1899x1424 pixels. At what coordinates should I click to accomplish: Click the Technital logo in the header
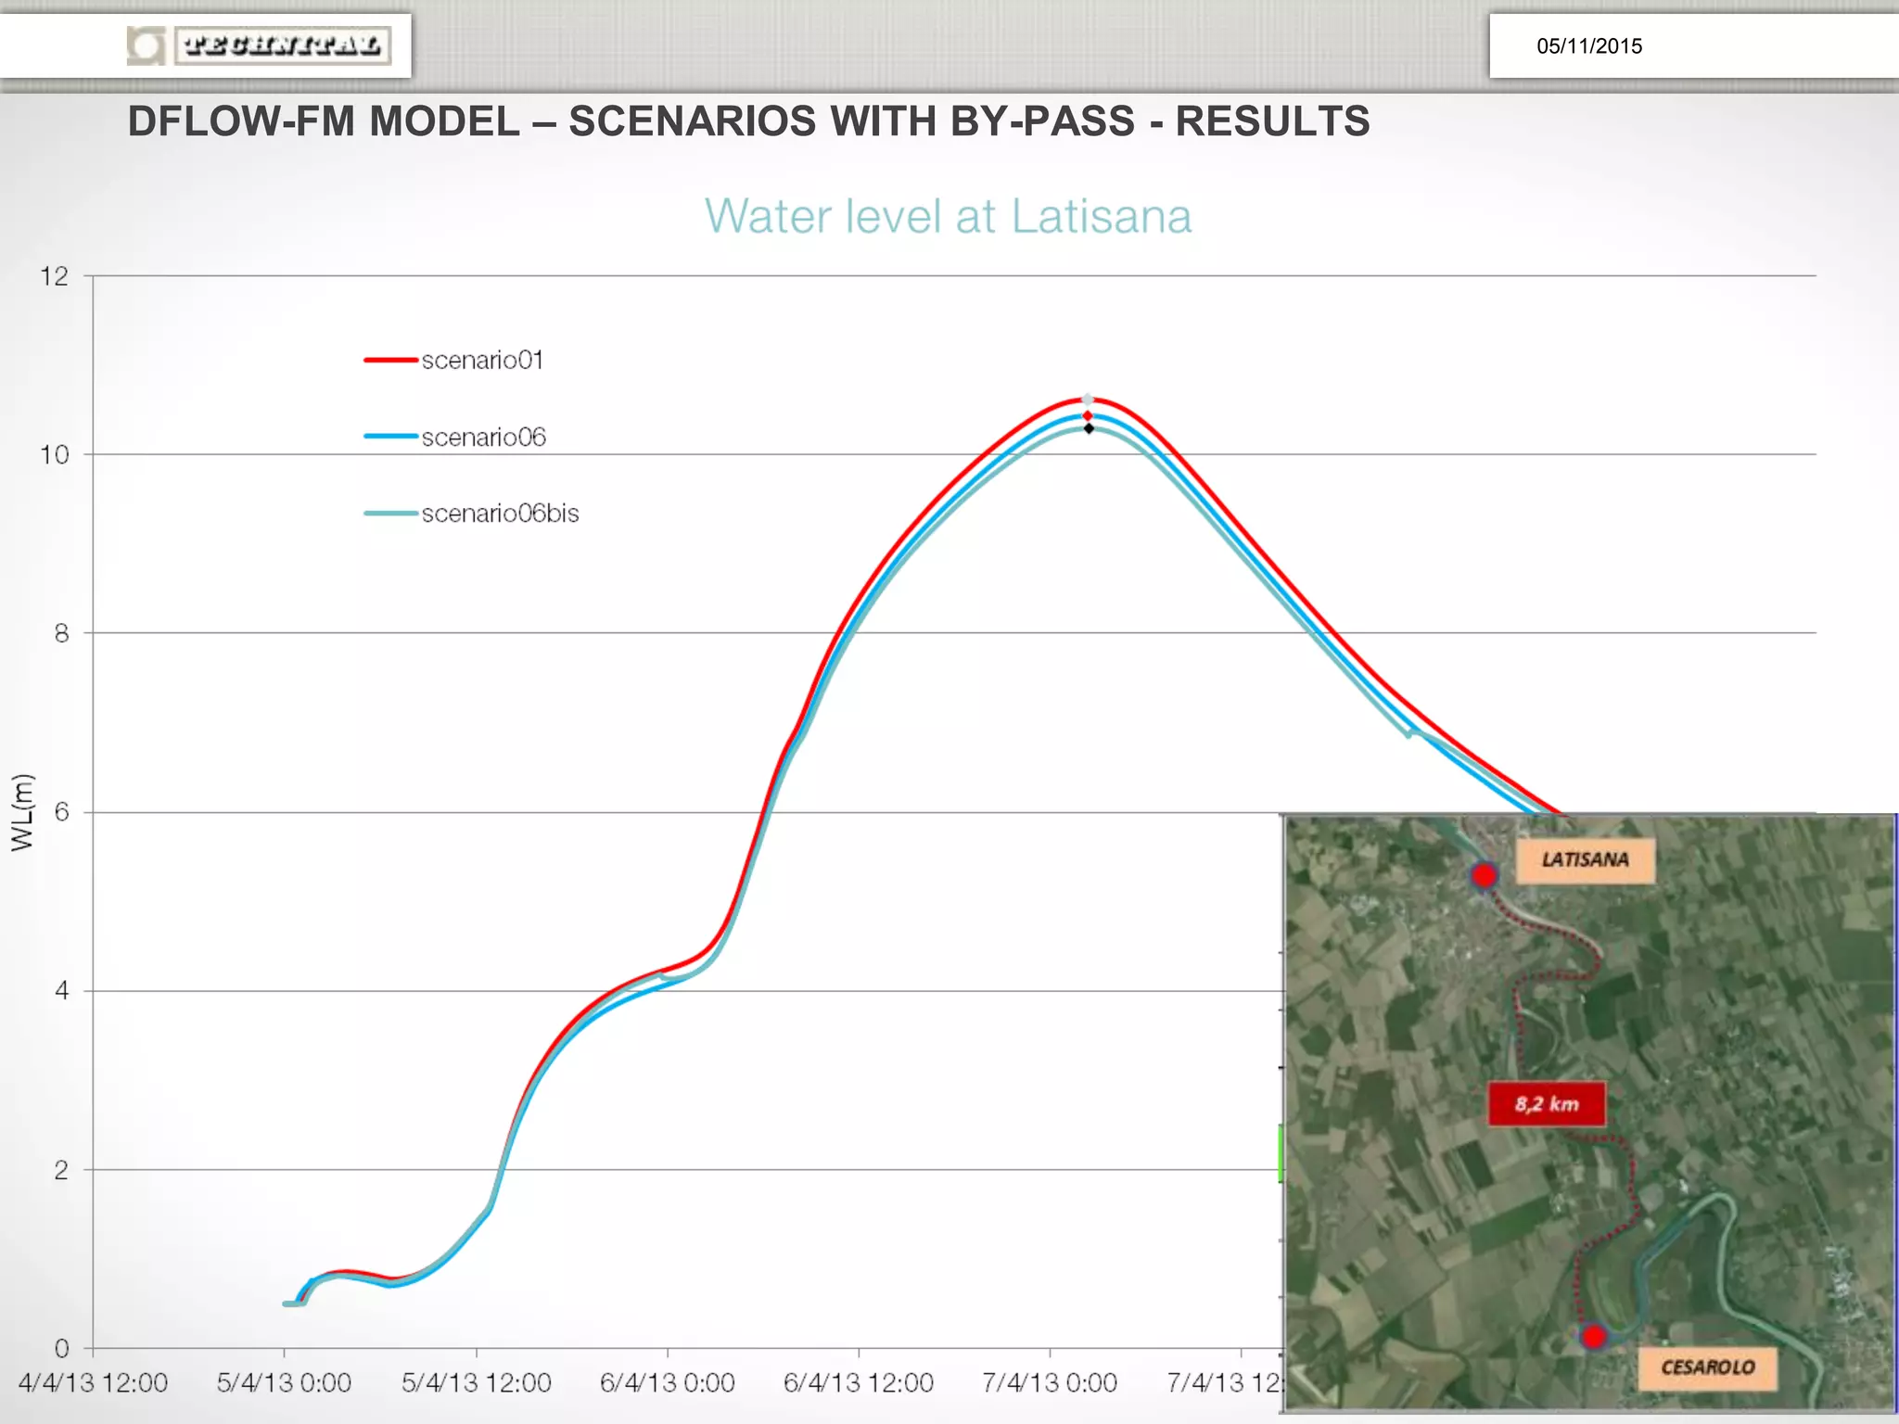pyautogui.click(x=260, y=45)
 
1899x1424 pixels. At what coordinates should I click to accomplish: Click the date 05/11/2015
pyautogui.click(x=1588, y=46)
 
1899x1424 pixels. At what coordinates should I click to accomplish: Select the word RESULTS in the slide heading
pyautogui.click(x=1272, y=121)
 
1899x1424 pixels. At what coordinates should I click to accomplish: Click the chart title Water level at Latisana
pyautogui.click(x=948, y=217)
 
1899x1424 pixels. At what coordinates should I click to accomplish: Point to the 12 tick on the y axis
pyautogui.click(x=55, y=276)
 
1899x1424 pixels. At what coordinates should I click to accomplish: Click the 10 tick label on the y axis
pyautogui.click(x=55, y=455)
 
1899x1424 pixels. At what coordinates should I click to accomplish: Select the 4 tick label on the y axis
pyautogui.click(x=61, y=991)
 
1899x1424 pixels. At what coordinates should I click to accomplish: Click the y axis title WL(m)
pyautogui.click(x=22, y=812)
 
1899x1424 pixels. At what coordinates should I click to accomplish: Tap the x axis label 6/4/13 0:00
pyautogui.click(x=667, y=1383)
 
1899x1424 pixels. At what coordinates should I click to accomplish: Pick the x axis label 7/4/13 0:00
pyautogui.click(x=1049, y=1383)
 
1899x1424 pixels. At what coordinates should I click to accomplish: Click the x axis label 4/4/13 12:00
pyautogui.click(x=93, y=1383)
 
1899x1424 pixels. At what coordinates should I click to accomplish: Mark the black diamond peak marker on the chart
pyautogui.click(x=1089, y=428)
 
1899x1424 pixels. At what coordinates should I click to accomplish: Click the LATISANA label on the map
pyautogui.click(x=1585, y=859)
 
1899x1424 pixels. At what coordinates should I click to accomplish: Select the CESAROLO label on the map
pyautogui.click(x=1707, y=1367)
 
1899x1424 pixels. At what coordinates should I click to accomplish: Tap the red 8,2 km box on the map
pyautogui.click(x=1547, y=1104)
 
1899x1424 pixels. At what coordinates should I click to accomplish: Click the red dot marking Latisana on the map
pyautogui.click(x=1484, y=875)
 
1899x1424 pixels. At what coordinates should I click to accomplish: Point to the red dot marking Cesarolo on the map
pyautogui.click(x=1593, y=1337)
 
